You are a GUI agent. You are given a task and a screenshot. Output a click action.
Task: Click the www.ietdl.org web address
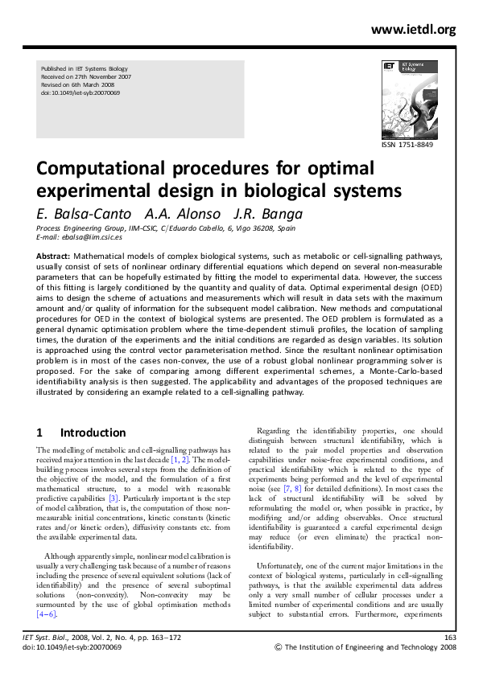click(413, 30)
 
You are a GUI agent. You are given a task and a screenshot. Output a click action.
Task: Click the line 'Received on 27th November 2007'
click(85, 76)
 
